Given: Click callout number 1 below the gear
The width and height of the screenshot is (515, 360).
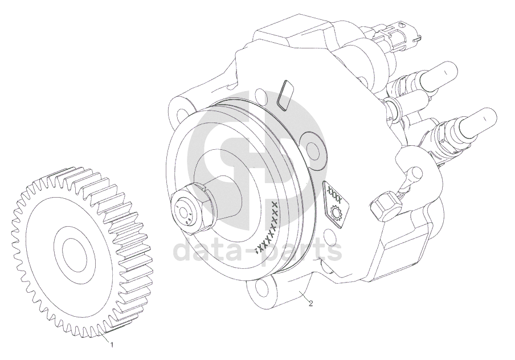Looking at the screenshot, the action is click(x=112, y=345).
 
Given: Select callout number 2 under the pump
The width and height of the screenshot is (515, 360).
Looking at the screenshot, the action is click(x=310, y=304).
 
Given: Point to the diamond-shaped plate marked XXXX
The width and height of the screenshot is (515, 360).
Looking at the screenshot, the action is click(x=336, y=204).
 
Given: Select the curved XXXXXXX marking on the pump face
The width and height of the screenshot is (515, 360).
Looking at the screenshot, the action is click(x=270, y=227).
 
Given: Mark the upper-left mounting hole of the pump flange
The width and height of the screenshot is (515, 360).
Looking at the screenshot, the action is click(x=181, y=114).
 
